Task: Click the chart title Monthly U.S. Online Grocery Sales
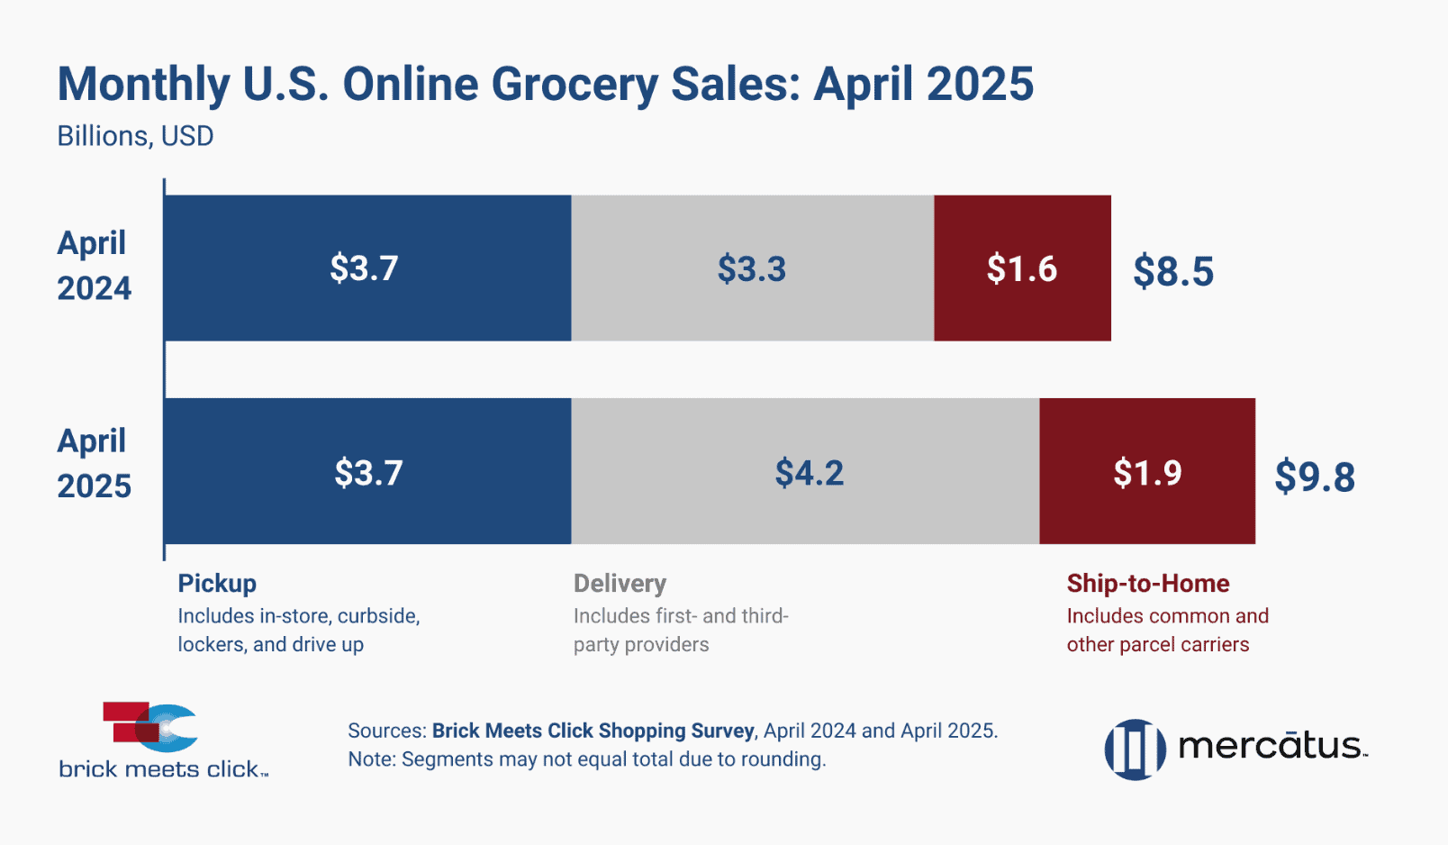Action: pyautogui.click(x=545, y=85)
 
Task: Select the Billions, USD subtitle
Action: pyautogui.click(x=135, y=136)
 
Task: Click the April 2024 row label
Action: pyautogui.click(x=94, y=266)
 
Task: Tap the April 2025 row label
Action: pyautogui.click(x=94, y=464)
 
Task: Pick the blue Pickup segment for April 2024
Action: pyautogui.click(x=367, y=268)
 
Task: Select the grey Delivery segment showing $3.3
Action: pyautogui.click(x=752, y=268)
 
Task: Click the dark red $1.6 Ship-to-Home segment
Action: pyautogui.click(x=1022, y=268)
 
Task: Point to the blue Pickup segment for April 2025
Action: pyautogui.click(x=367, y=472)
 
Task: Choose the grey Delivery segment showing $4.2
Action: pyautogui.click(x=809, y=472)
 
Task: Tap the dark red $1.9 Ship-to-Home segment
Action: pyautogui.click(x=1147, y=472)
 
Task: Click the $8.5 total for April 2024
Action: pyautogui.click(x=1173, y=271)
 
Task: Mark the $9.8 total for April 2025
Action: pyautogui.click(x=1315, y=476)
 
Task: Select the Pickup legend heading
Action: pyautogui.click(x=217, y=584)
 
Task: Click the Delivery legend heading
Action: pyautogui.click(x=620, y=584)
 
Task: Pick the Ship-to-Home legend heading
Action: pyautogui.click(x=1148, y=584)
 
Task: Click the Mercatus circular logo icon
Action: pyautogui.click(x=1135, y=749)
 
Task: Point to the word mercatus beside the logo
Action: pyautogui.click(x=1271, y=746)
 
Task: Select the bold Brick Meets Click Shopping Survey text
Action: pyautogui.click(x=593, y=731)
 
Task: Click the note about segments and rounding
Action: pyautogui.click(x=586, y=759)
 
